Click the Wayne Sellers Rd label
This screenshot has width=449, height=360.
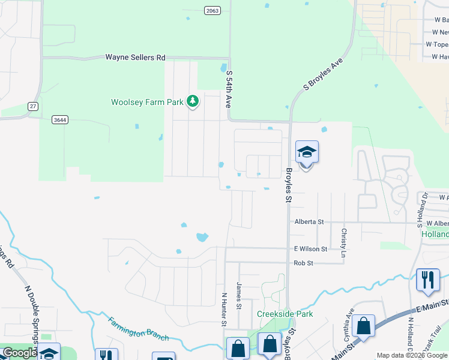[135, 58]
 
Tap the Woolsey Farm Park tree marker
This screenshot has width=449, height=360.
[193, 102]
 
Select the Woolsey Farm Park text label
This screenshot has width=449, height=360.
[147, 102]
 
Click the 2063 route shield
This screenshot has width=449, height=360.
[212, 10]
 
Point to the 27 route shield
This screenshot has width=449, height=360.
[32, 106]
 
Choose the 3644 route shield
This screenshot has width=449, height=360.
[59, 119]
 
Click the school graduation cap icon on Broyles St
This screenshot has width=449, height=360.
[307, 153]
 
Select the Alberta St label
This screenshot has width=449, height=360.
[309, 221]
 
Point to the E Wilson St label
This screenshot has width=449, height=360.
[310, 248]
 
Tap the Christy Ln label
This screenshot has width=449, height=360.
[343, 242]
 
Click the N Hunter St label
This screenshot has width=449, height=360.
[224, 309]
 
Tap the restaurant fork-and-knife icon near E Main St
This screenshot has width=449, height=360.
[427, 280]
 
